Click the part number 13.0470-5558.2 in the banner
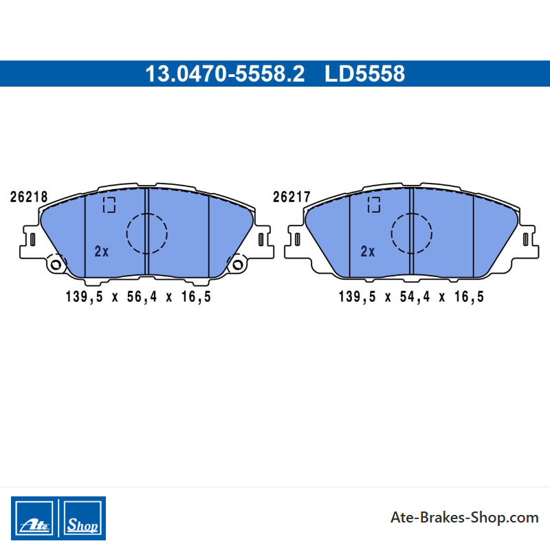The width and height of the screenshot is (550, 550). (x=225, y=74)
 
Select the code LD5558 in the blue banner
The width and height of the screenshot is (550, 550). (x=364, y=74)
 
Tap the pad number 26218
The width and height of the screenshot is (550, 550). (x=29, y=197)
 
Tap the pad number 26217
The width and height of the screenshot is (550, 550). (x=291, y=197)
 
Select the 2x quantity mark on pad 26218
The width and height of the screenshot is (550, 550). (x=101, y=252)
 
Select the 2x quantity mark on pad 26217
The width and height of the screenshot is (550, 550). (x=368, y=252)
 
